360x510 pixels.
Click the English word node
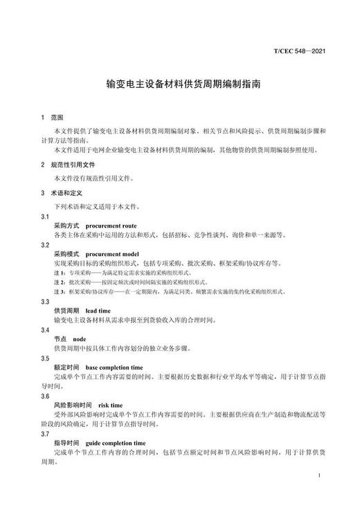click(x=80, y=339)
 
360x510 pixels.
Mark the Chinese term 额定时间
click(x=66, y=367)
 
